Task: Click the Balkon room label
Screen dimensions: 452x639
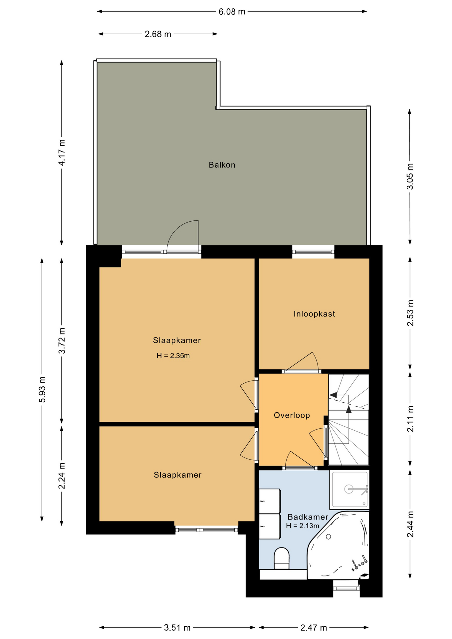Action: tap(222, 165)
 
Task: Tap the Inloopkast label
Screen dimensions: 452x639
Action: tap(314, 314)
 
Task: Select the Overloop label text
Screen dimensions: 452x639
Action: tap(292, 415)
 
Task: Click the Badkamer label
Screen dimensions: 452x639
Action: tap(308, 517)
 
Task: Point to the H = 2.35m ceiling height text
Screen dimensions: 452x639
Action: tap(173, 356)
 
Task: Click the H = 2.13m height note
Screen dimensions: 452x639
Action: tap(303, 526)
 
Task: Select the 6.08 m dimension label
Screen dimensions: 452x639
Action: tap(232, 12)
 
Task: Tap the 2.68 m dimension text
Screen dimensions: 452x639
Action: tap(158, 34)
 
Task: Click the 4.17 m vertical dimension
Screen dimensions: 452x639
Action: tap(62, 152)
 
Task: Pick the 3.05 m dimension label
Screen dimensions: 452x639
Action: tap(410, 176)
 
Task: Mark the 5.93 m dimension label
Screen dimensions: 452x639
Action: tap(42, 389)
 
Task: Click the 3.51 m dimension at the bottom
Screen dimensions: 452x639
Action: tap(177, 628)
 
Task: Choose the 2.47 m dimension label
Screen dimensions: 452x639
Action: tap(314, 628)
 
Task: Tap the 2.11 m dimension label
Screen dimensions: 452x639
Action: tap(410, 419)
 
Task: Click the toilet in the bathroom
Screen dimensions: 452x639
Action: tap(282, 558)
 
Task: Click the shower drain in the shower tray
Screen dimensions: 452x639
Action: tap(348, 489)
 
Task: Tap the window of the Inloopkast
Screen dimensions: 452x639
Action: tap(313, 252)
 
